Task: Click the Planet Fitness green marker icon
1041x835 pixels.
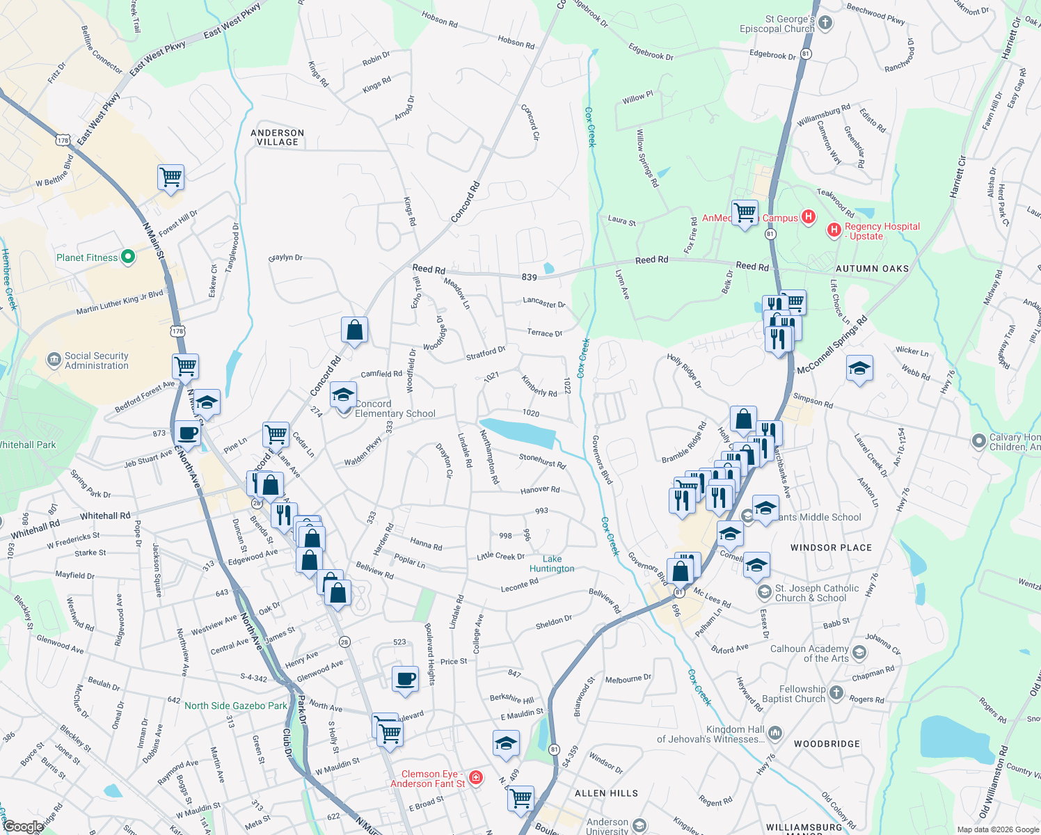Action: point(127,257)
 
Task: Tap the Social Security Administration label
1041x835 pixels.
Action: point(96,360)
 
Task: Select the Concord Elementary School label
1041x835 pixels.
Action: point(395,408)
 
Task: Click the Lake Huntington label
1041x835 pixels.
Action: point(552,564)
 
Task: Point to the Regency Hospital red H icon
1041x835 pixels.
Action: point(834,230)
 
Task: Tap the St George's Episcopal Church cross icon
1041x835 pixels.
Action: point(825,23)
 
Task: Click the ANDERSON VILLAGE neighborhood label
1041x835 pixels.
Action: point(278,137)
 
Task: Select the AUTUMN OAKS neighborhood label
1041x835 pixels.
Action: point(872,269)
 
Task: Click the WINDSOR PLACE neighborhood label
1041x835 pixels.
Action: point(831,548)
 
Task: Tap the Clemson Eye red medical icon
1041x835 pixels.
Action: point(476,777)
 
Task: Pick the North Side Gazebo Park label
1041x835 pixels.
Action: point(235,706)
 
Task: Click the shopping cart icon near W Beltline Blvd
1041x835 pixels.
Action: point(170,177)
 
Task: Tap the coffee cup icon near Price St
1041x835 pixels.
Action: point(405,678)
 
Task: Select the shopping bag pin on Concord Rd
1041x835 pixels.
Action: point(354,330)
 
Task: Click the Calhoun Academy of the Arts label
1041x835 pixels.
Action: point(809,653)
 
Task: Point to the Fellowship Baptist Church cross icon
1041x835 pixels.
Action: point(836,693)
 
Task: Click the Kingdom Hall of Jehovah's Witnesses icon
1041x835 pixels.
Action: point(775,733)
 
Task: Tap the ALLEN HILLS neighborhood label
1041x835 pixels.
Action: point(606,793)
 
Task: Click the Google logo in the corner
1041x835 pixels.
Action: point(23,827)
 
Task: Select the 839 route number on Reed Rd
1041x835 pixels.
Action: point(529,277)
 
